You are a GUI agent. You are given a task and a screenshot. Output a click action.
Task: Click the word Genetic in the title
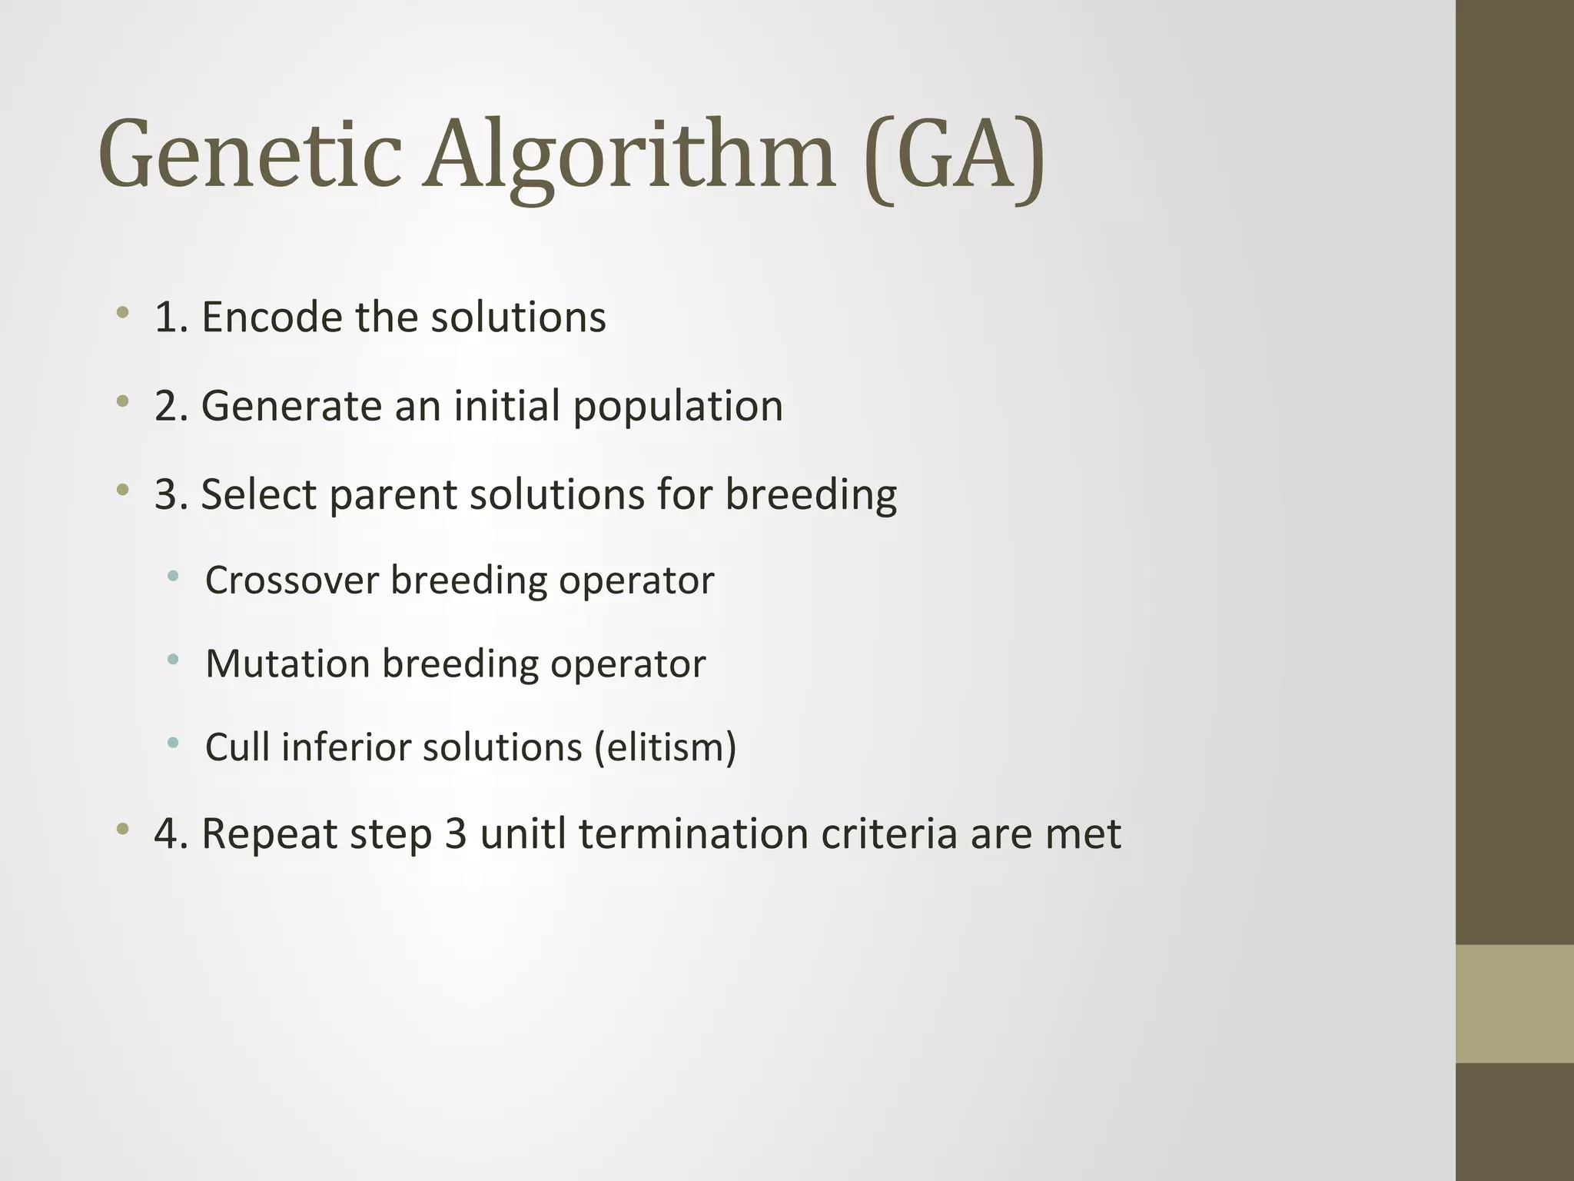point(251,154)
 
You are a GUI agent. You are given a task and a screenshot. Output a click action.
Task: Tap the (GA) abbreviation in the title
point(954,158)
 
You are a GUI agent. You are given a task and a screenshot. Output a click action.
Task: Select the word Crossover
point(292,580)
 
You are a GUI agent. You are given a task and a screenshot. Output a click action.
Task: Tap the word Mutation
point(287,664)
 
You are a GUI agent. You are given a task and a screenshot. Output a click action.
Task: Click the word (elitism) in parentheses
point(665,747)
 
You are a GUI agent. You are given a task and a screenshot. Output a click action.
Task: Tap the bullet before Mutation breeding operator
point(173,659)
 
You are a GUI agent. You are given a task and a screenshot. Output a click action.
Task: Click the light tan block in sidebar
point(1515,1003)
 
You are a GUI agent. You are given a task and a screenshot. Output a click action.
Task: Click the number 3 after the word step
point(456,833)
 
